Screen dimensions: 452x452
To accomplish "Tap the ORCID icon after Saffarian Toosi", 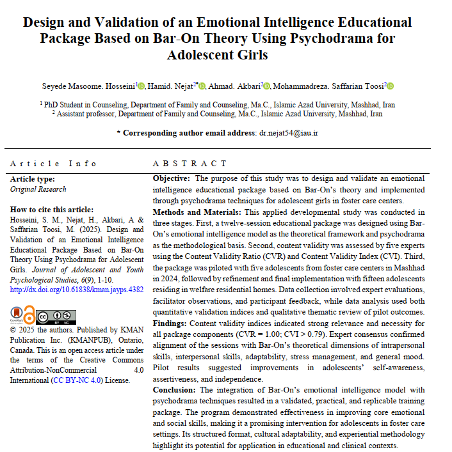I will [x=390, y=86].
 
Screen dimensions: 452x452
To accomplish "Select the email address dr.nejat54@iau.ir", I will [x=288, y=133].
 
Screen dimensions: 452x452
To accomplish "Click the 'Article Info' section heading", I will [x=54, y=163].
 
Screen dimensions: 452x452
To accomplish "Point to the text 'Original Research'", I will [x=38, y=189].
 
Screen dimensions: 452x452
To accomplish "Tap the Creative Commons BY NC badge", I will [x=56, y=316].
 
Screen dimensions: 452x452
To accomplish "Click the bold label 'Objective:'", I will [x=171, y=178].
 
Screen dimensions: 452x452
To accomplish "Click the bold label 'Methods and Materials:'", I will [x=196, y=212].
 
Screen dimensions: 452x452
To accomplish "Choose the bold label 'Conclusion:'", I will [x=175, y=389].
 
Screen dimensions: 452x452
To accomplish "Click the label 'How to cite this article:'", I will [x=52, y=209].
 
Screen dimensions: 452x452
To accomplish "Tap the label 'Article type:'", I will [x=32, y=179].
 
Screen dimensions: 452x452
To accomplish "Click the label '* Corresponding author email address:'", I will [x=186, y=133].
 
